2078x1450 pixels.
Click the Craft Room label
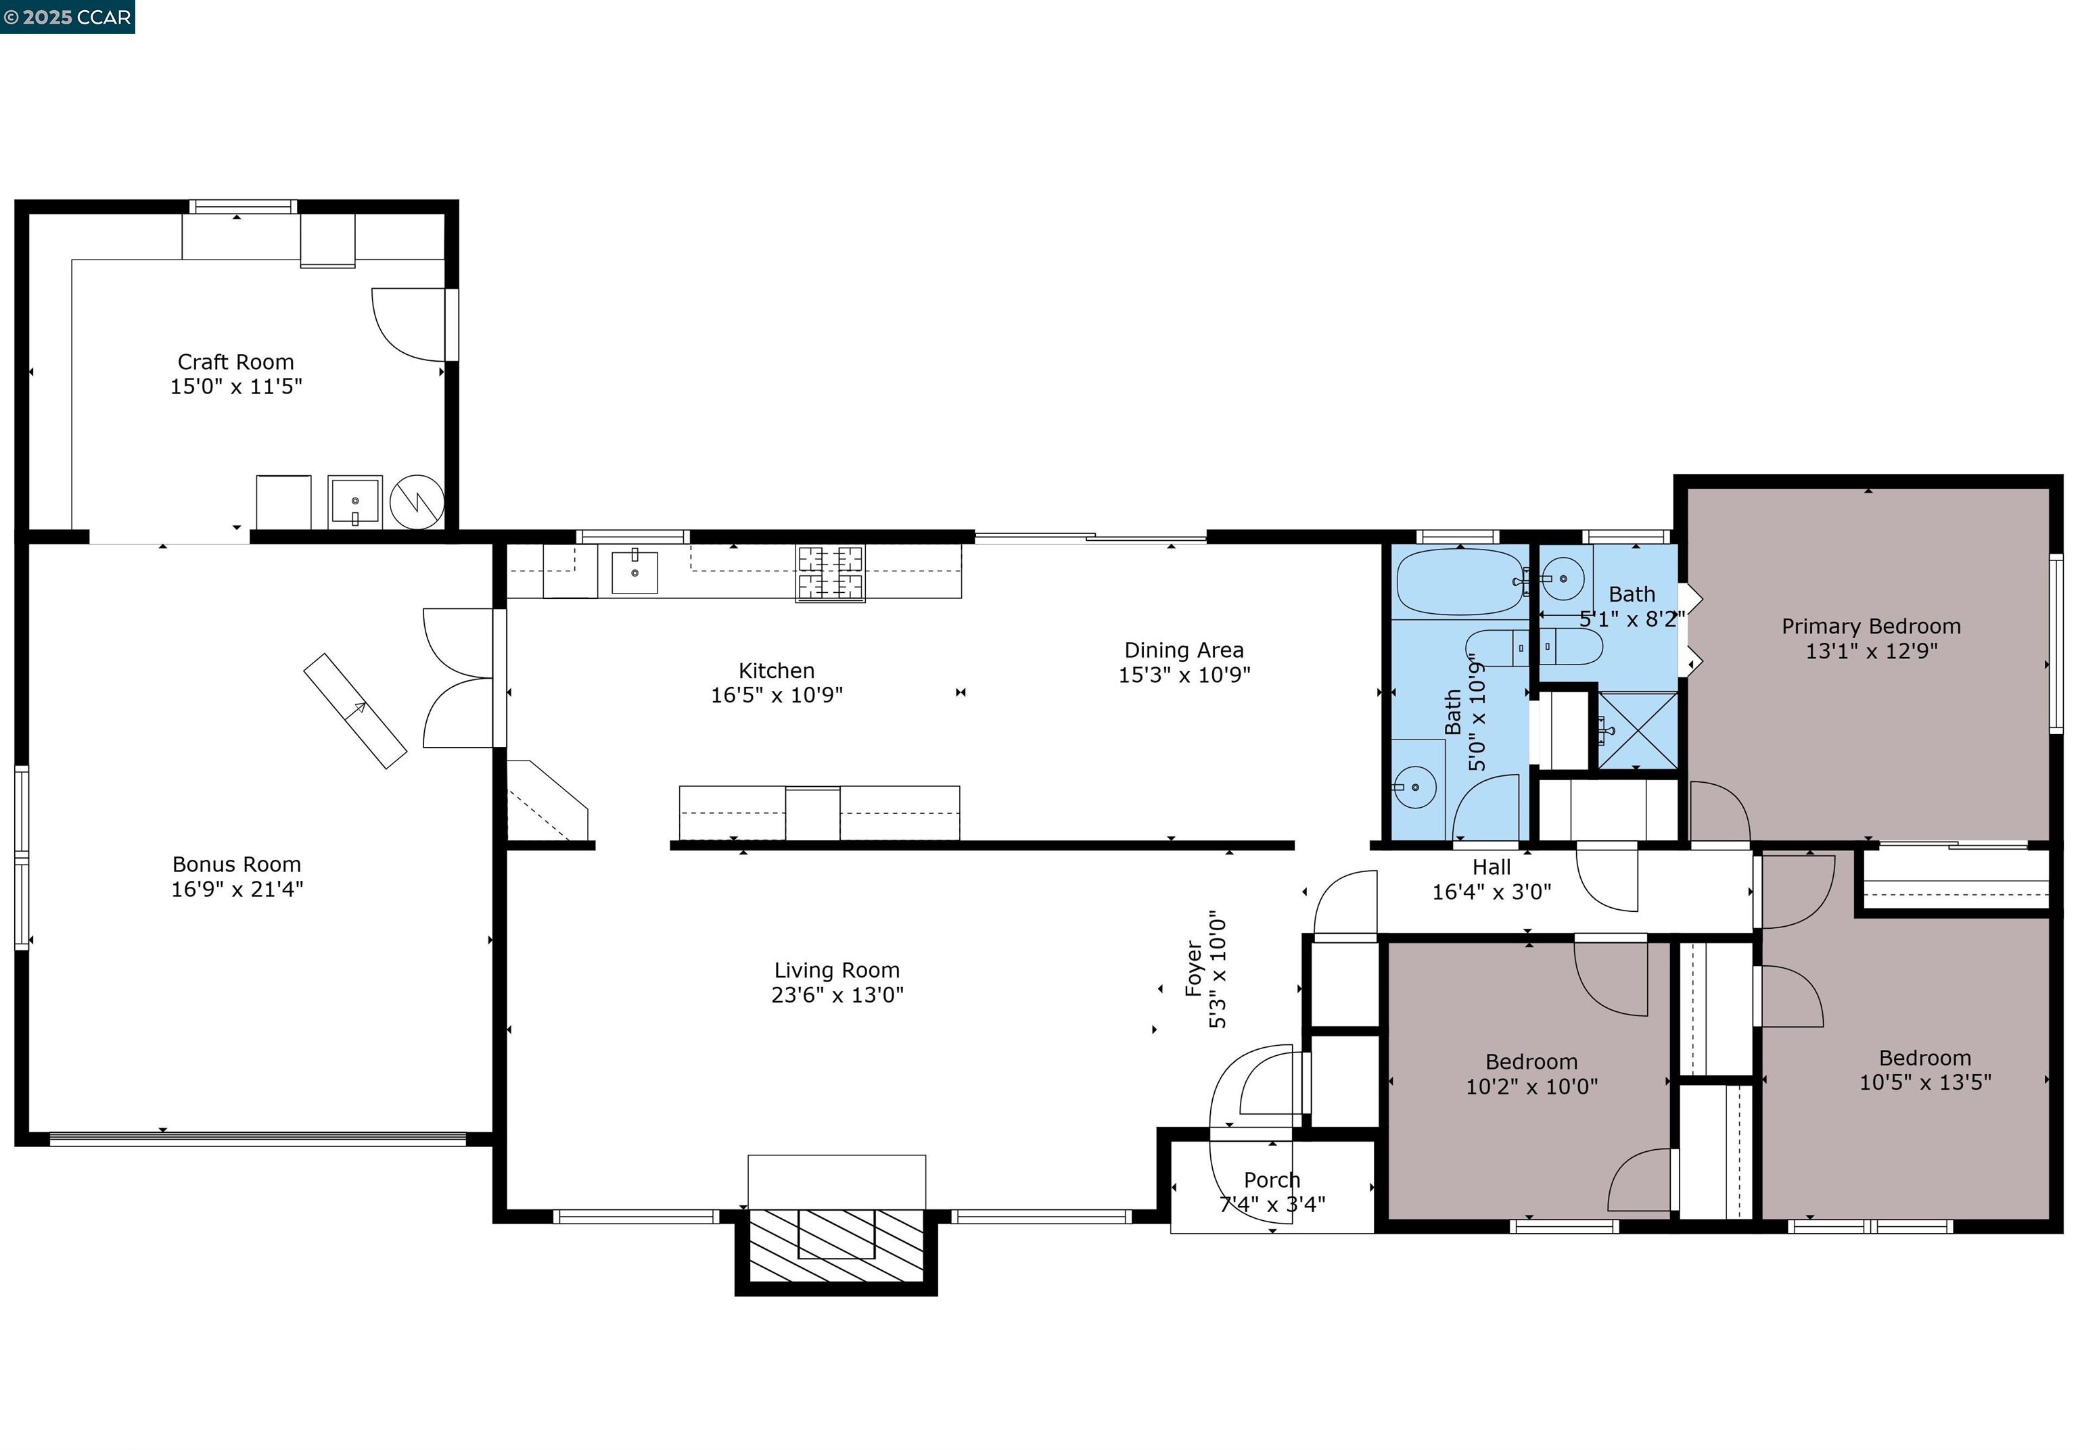pos(235,362)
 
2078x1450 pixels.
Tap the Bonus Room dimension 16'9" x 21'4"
pos(237,889)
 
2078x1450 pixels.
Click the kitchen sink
pos(634,572)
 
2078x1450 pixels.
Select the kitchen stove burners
pos(830,573)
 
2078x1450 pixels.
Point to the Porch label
pos(1272,1180)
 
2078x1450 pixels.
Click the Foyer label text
pos(1194,969)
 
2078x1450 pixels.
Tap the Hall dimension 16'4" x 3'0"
pos(1491,892)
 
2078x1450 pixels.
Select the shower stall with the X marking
pos(1637,730)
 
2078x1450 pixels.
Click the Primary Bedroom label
pos(1871,626)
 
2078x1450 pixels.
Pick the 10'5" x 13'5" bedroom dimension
pos(1924,1082)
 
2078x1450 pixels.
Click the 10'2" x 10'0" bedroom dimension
pos(1531,1086)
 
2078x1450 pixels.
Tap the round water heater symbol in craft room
pos(416,502)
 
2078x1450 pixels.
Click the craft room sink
pos(354,500)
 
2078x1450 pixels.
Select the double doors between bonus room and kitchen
pos(461,679)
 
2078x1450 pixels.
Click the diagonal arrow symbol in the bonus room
pos(354,711)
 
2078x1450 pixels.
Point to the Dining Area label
pos(1183,650)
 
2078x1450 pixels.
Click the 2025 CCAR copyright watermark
pos(67,16)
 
